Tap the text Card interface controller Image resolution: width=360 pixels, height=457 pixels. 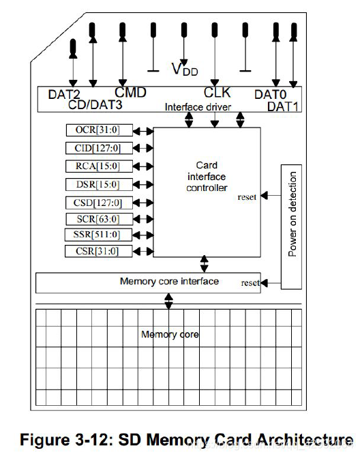click(x=207, y=177)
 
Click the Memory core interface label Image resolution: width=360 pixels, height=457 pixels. click(x=169, y=281)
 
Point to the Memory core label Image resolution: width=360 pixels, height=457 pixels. click(x=170, y=334)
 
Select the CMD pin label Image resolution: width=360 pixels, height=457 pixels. click(x=130, y=92)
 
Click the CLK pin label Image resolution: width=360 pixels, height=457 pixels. click(x=217, y=92)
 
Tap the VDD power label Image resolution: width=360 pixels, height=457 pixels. click(x=185, y=68)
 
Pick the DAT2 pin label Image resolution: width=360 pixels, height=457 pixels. click(x=65, y=95)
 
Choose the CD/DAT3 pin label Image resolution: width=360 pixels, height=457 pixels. click(x=97, y=105)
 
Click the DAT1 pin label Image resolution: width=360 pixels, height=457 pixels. click(x=282, y=106)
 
